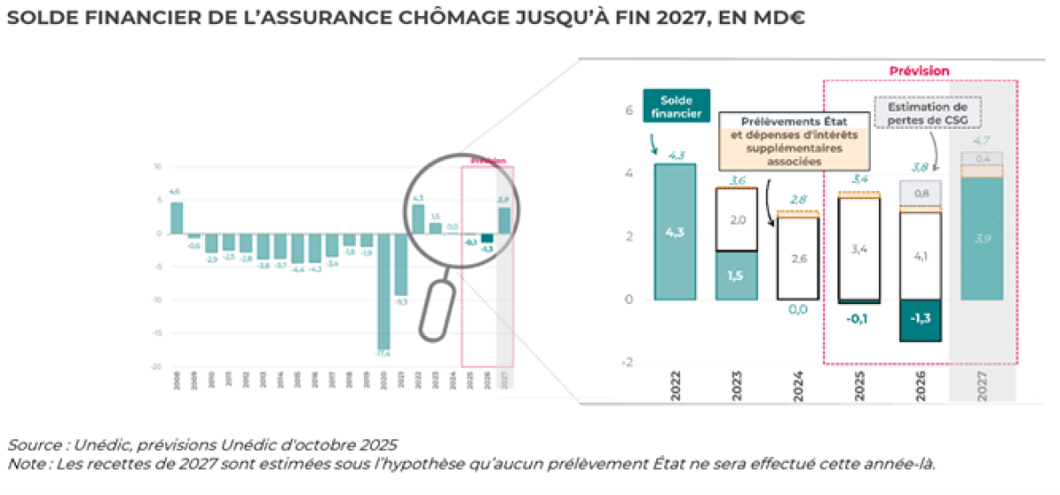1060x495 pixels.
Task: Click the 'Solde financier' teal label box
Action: (x=677, y=106)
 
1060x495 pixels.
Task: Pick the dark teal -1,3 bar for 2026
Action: (x=919, y=319)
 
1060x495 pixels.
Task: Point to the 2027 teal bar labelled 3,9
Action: (x=981, y=239)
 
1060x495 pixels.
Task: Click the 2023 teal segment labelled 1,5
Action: (x=735, y=276)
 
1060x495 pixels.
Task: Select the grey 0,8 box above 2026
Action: (x=919, y=193)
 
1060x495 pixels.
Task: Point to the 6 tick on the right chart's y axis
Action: (x=629, y=111)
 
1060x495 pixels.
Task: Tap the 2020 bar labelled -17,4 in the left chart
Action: (x=383, y=292)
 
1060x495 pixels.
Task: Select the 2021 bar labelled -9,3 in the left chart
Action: (x=401, y=264)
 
